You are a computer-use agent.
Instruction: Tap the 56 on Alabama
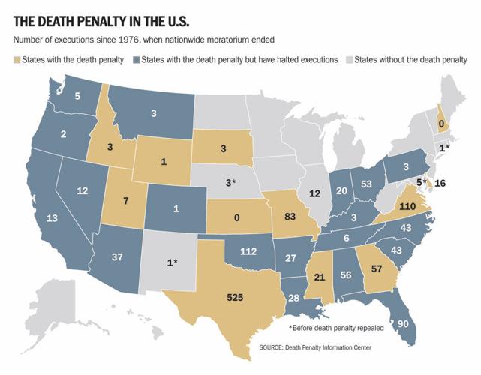345,274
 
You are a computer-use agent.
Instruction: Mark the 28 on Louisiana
293,298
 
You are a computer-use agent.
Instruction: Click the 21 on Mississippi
319,277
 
